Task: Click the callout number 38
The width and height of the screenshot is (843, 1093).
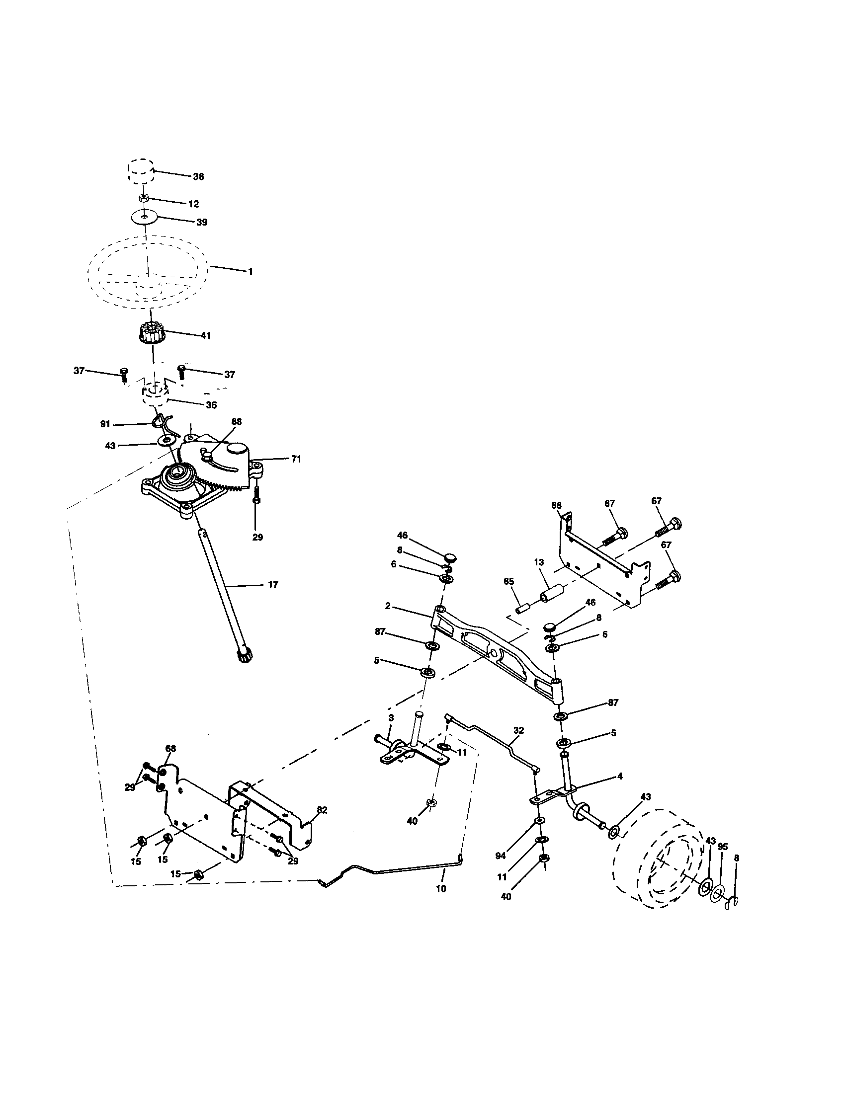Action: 198,177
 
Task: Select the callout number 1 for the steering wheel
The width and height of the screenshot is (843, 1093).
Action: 250,271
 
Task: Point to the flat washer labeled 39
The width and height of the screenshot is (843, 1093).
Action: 144,217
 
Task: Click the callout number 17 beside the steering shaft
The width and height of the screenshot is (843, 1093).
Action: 273,585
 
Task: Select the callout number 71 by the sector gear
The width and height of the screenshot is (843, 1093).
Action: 296,459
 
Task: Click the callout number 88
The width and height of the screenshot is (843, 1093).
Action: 236,422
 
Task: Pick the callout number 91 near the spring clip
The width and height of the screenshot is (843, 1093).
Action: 105,424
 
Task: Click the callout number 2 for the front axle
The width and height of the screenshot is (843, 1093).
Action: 388,606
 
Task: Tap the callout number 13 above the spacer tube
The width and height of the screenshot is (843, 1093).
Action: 539,562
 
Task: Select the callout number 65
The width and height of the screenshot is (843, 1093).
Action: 508,582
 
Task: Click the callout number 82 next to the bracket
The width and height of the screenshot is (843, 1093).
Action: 322,810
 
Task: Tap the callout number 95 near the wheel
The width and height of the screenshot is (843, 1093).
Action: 722,847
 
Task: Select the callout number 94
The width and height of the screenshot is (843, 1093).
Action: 501,856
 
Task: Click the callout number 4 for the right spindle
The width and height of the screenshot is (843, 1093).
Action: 620,776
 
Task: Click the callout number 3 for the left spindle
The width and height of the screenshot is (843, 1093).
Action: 391,718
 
